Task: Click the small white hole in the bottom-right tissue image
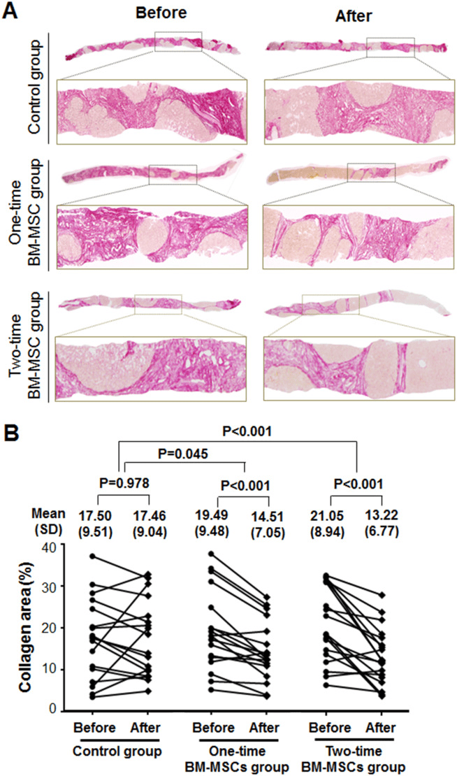[421, 364]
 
